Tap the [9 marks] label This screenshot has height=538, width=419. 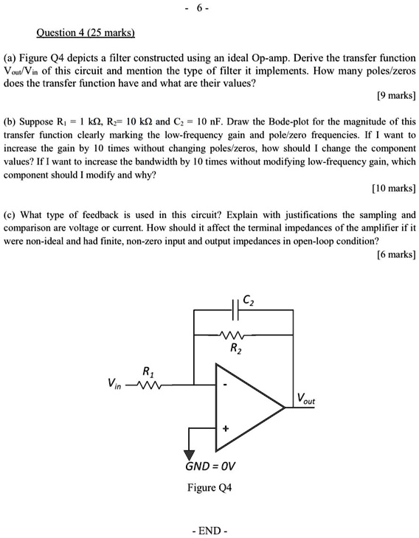(x=395, y=96)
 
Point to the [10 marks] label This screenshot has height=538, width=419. (x=393, y=189)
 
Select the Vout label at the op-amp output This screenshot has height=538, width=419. (x=306, y=399)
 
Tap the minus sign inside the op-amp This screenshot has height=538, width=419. (x=226, y=384)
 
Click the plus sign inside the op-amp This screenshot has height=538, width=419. (x=226, y=428)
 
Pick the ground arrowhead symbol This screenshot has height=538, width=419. (x=190, y=455)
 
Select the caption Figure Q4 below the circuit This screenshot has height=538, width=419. (x=209, y=488)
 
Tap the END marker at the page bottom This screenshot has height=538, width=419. (x=209, y=531)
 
